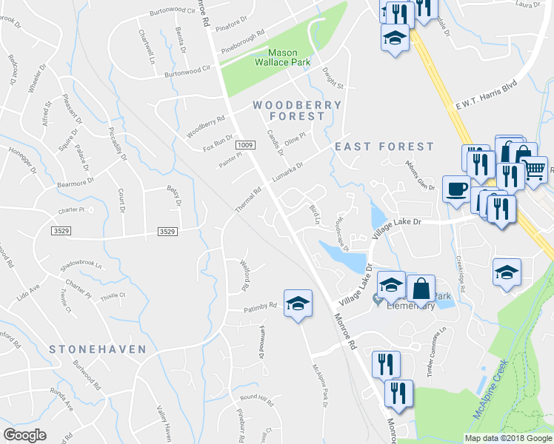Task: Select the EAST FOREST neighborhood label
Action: [384, 147]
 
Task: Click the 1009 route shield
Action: [246, 145]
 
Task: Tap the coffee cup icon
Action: [455, 188]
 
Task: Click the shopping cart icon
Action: [534, 169]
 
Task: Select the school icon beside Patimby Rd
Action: [298, 303]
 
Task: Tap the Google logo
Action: [24, 435]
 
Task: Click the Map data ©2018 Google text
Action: [507, 438]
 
